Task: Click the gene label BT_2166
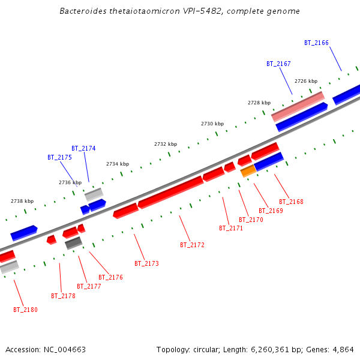tap(316, 43)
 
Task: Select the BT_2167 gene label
tap(278, 64)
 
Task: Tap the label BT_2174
tap(83, 148)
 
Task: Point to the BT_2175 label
tap(59, 157)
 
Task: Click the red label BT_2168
tap(291, 202)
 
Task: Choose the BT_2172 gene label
tap(192, 245)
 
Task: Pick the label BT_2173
tap(146, 263)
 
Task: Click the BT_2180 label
tap(25, 310)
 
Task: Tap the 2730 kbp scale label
tap(212, 124)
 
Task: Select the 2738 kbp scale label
tap(22, 202)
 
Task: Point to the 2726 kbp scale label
tap(305, 81)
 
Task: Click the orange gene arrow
tap(248, 172)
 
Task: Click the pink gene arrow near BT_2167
tap(298, 106)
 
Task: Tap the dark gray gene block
tap(73, 242)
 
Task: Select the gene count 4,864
tap(343, 349)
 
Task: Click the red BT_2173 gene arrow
tap(125, 211)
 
